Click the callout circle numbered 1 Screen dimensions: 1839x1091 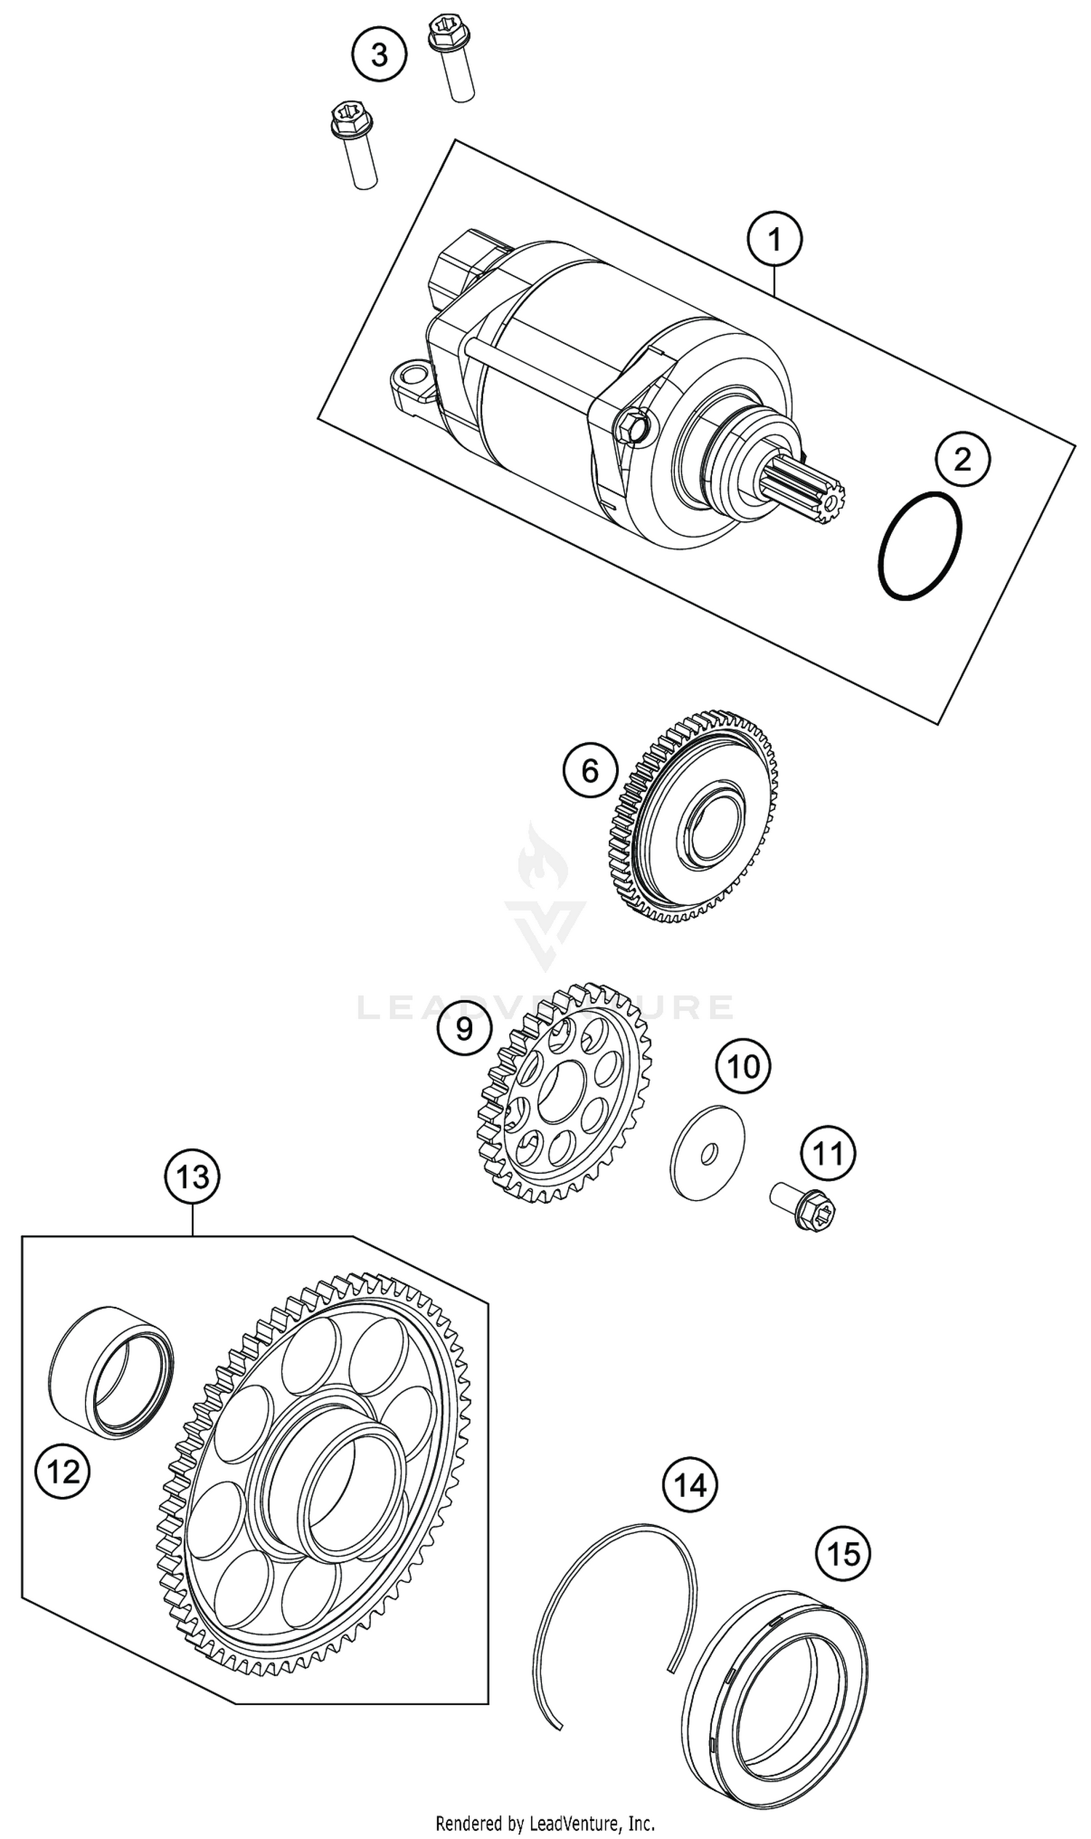click(x=774, y=239)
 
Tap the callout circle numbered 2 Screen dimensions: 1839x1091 click(x=962, y=460)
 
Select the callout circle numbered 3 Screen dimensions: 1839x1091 click(x=380, y=55)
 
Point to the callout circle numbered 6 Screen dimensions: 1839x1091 click(x=591, y=771)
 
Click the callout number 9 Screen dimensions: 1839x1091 click(x=464, y=1028)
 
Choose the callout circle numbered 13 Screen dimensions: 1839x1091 click(x=193, y=1177)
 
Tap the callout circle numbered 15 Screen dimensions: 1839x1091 click(x=842, y=1554)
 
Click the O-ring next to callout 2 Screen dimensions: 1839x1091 click(x=919, y=545)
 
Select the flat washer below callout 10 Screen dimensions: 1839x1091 click(x=707, y=1153)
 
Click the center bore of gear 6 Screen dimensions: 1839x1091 click(x=711, y=824)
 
